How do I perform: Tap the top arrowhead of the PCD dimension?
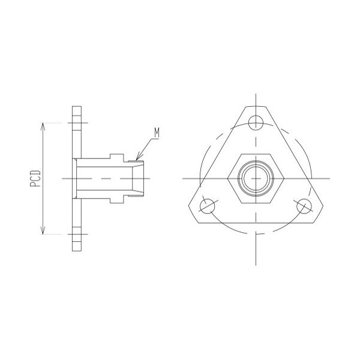[x=43, y=126]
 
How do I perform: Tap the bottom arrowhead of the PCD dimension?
[x=43, y=232]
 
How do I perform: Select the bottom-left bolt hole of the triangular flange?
[x=208, y=206]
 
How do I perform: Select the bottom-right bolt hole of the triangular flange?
[x=305, y=206]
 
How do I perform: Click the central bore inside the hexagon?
[x=256, y=178]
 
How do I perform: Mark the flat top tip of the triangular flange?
[x=256, y=106]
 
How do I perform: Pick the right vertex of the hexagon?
[x=284, y=178]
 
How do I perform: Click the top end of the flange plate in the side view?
[x=76, y=109]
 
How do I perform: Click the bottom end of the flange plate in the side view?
[x=76, y=248]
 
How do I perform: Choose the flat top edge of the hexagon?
[x=256, y=154]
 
